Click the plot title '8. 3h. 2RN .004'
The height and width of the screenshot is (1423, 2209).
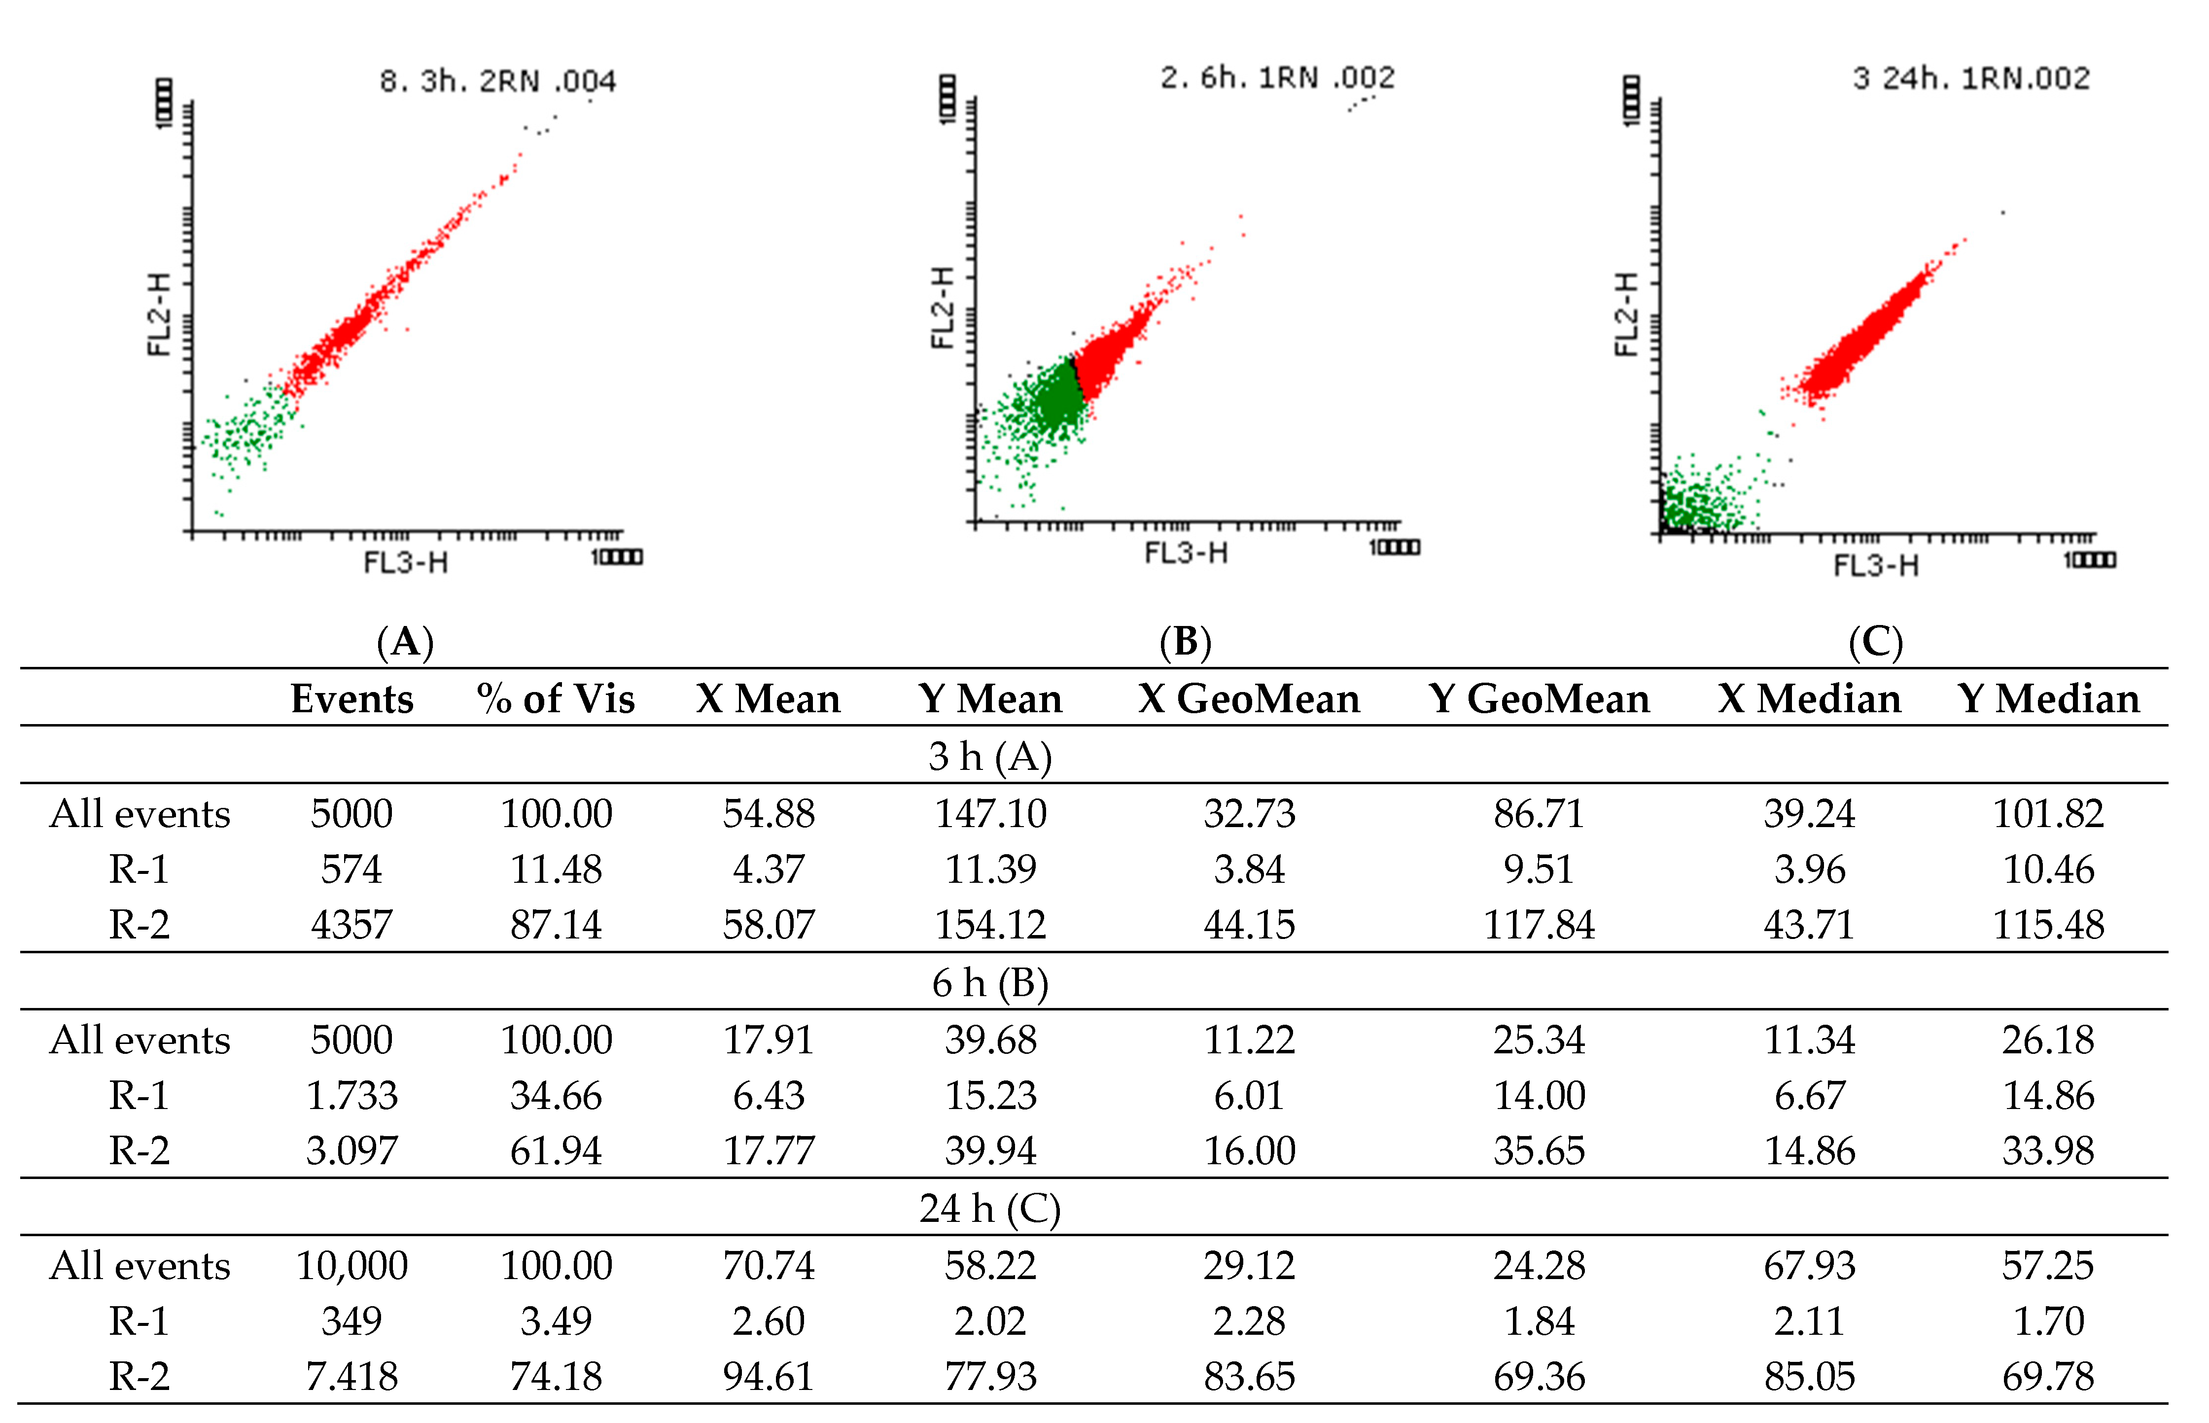tap(497, 81)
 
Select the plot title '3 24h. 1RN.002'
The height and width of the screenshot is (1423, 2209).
tap(1970, 78)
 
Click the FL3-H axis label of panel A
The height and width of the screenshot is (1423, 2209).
tap(406, 562)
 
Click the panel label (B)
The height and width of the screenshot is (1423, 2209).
tap(1185, 641)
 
